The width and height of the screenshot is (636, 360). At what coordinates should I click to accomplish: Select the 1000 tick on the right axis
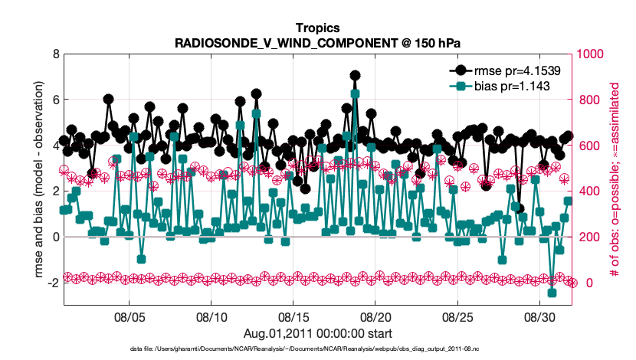(592, 54)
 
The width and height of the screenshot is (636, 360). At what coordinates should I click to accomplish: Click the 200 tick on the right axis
(588, 237)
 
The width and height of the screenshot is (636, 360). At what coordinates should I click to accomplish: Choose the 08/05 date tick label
(129, 316)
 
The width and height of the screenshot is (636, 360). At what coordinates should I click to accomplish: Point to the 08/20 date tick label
(375, 316)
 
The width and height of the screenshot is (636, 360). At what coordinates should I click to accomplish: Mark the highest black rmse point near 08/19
(355, 76)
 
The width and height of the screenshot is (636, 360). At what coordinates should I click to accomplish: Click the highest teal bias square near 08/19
(355, 93)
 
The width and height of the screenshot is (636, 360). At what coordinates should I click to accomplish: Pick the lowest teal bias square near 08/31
(552, 293)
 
